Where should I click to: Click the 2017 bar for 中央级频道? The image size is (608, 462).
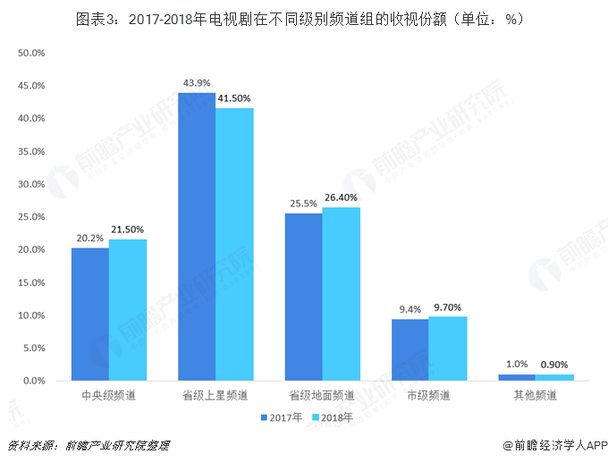pyautogui.click(x=90, y=315)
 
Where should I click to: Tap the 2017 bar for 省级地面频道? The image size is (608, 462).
pyautogui.click(x=304, y=298)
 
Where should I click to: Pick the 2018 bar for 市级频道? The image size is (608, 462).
pyautogui.click(x=447, y=349)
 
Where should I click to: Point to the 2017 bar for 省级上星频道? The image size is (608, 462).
pyautogui.click(x=197, y=237)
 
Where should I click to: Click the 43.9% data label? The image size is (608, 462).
pyautogui.click(x=197, y=83)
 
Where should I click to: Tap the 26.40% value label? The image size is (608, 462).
pyautogui.click(x=342, y=197)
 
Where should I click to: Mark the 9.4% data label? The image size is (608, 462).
pyautogui.click(x=410, y=309)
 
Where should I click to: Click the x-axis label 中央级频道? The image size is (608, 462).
pyautogui.click(x=109, y=395)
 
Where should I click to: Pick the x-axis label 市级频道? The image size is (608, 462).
pyautogui.click(x=429, y=395)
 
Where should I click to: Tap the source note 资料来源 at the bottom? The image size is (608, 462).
pyautogui.click(x=88, y=445)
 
